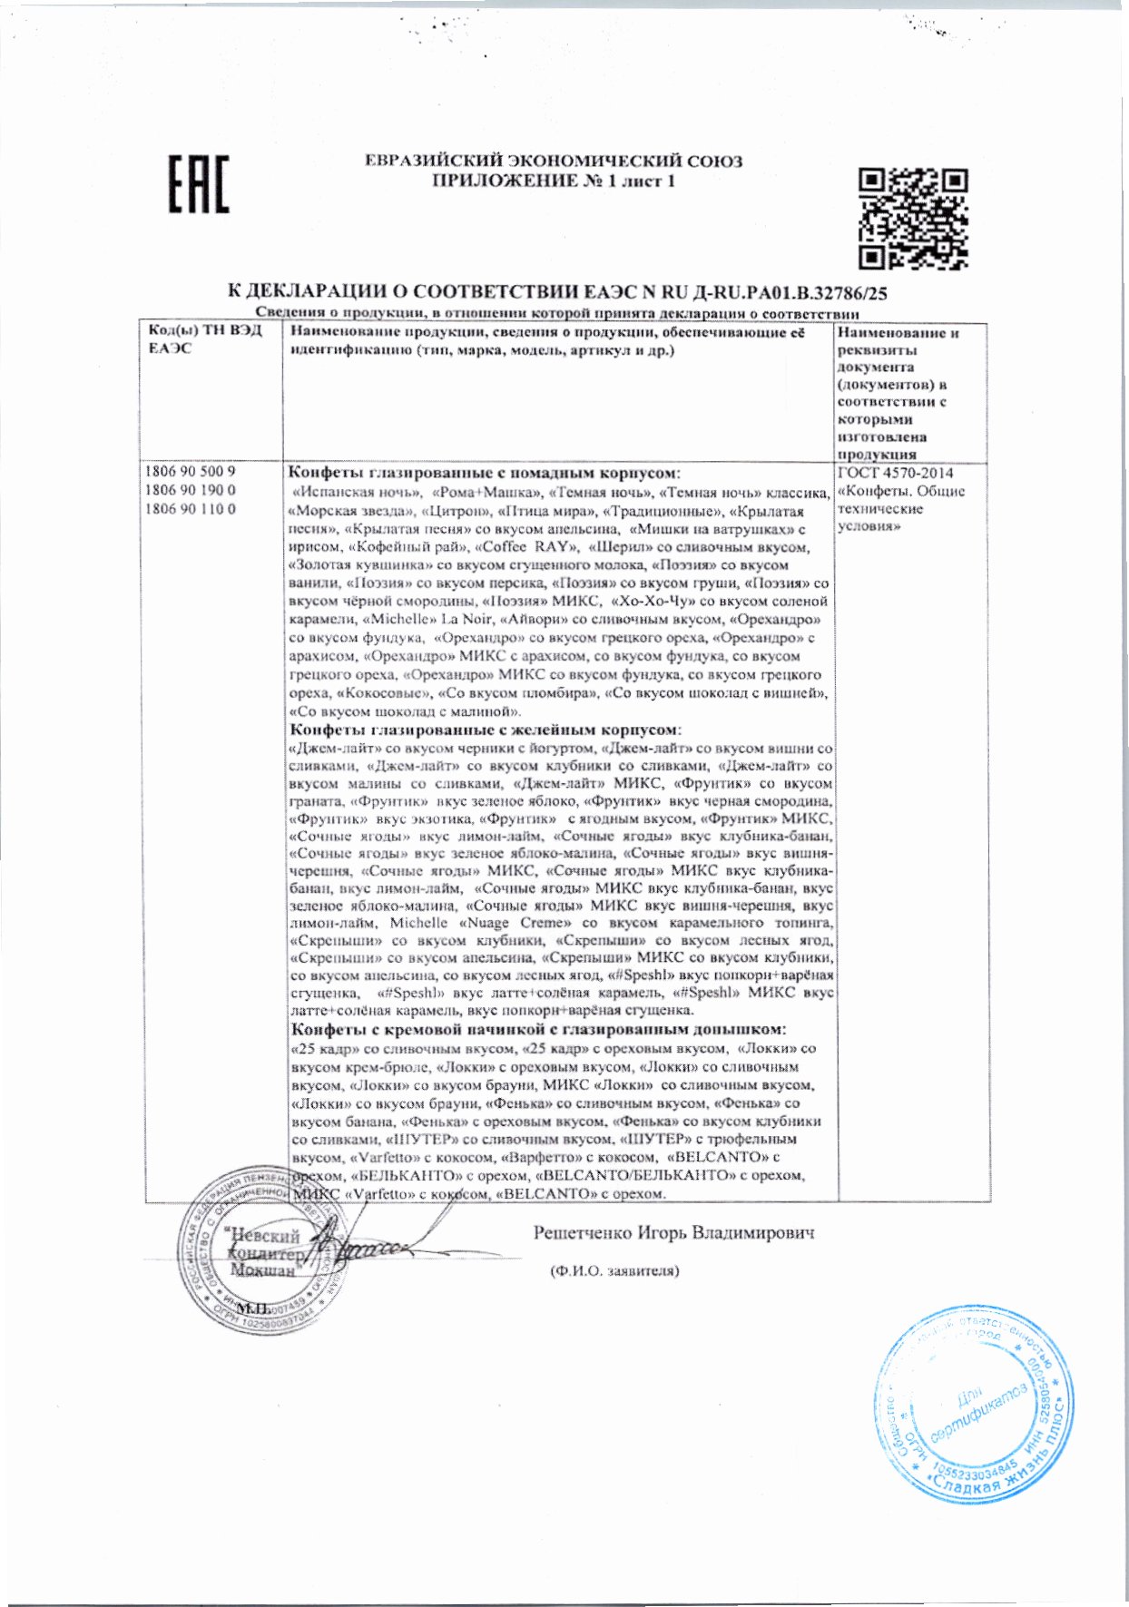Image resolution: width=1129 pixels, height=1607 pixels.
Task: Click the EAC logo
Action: [x=200, y=184]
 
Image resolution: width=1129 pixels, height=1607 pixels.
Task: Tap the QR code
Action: [x=913, y=219]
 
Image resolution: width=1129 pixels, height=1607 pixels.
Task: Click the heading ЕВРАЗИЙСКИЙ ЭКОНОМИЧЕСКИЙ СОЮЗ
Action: [x=554, y=162]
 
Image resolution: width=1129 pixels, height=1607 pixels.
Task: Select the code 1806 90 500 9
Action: [x=191, y=472]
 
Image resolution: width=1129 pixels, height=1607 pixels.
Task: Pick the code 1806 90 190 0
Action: [x=191, y=490]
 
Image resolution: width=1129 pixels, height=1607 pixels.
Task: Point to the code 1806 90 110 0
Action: [x=191, y=509]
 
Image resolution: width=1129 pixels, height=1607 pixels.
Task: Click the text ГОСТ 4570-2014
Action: [x=895, y=473]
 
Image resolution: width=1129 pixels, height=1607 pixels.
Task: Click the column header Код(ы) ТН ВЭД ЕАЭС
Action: [x=204, y=340]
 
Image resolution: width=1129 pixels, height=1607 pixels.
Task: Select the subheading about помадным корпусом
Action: [x=485, y=473]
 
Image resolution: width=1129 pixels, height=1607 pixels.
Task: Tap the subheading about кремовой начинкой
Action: [x=538, y=1029]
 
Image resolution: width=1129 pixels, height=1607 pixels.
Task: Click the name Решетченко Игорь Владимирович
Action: [x=674, y=1232]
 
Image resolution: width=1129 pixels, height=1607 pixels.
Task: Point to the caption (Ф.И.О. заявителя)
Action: [x=614, y=1270]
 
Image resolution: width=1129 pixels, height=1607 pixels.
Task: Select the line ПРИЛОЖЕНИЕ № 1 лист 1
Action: [x=554, y=181]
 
